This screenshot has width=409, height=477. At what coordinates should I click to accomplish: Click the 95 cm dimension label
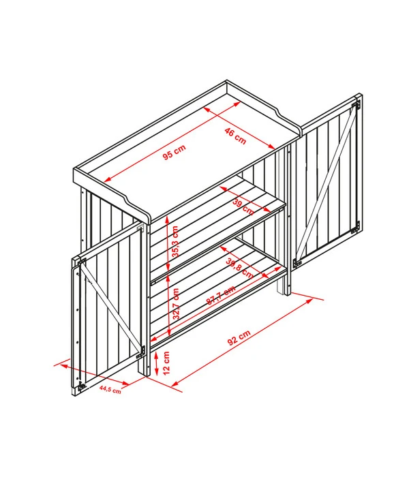(174, 152)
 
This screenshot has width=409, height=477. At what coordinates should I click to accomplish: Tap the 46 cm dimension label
(235, 136)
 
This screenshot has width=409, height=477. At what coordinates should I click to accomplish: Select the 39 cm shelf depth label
(243, 206)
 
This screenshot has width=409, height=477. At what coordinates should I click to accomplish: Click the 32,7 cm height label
(176, 304)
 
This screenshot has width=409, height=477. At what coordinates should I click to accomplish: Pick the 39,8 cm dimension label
(240, 268)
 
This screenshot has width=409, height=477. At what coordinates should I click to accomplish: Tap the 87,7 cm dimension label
(221, 295)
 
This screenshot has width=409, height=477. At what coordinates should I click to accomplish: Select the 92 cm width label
(239, 338)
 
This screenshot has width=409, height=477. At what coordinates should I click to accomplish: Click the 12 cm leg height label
(166, 363)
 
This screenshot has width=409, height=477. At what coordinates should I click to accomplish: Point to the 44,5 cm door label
(110, 390)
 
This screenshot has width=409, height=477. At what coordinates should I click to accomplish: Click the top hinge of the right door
(355, 105)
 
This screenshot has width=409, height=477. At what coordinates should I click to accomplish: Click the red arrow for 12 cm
(156, 363)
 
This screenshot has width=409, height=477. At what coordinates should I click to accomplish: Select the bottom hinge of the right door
(355, 228)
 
